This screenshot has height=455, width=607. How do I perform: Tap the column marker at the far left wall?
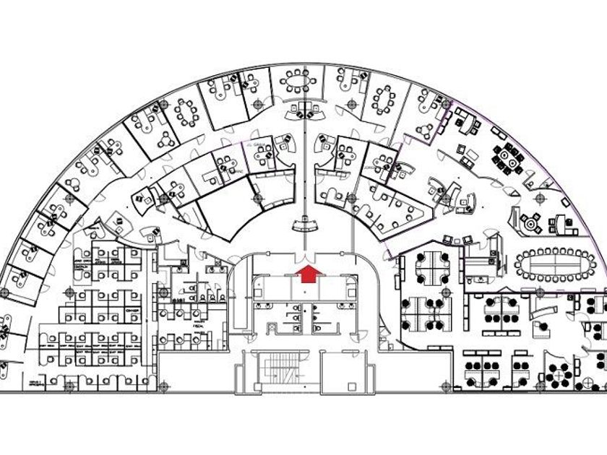click(5, 292)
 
